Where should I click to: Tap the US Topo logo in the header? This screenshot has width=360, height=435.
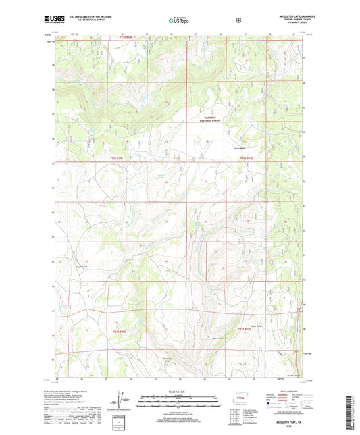(179, 20)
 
